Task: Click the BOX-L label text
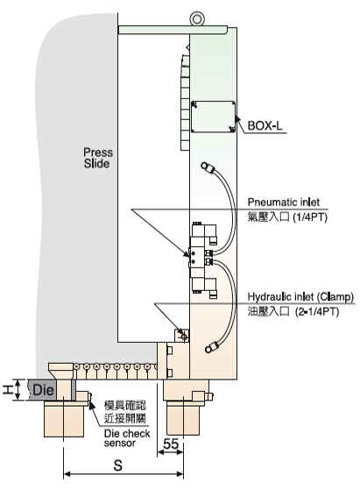265,125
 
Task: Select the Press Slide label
97,158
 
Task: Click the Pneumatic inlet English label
284,202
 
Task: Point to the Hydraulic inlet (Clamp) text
300,296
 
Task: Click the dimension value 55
171,444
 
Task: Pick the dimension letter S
117,465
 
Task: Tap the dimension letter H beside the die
8,390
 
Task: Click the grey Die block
42,389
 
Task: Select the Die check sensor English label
127,438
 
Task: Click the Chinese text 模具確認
125,406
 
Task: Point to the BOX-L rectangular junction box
213,117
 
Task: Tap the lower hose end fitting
212,347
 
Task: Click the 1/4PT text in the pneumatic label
310,217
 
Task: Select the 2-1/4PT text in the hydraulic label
317,311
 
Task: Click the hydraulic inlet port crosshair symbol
184,337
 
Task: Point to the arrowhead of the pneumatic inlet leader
186,254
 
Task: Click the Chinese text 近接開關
125,418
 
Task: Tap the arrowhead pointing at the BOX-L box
236,119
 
